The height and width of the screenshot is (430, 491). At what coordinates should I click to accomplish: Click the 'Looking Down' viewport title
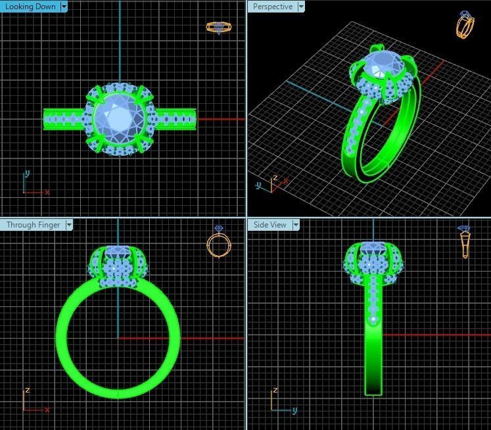pyautogui.click(x=30, y=7)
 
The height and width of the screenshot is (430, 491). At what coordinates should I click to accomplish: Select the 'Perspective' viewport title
pyautogui.click(x=272, y=7)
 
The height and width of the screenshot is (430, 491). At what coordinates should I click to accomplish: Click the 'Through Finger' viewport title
pyautogui.click(x=33, y=225)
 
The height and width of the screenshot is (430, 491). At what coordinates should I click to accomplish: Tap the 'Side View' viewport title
pyautogui.click(x=269, y=225)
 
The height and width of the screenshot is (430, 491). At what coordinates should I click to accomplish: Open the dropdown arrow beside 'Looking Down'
pyautogui.click(x=64, y=7)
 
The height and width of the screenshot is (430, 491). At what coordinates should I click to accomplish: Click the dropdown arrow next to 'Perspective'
pyautogui.click(x=301, y=7)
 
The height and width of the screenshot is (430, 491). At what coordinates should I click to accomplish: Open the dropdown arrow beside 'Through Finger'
pyautogui.click(x=68, y=225)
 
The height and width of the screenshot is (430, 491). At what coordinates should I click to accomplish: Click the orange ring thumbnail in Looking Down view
pyautogui.click(x=219, y=27)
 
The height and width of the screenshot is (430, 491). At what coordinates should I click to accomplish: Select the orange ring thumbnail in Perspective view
pyautogui.click(x=465, y=25)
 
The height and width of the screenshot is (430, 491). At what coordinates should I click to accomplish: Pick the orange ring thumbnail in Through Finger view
pyautogui.click(x=218, y=243)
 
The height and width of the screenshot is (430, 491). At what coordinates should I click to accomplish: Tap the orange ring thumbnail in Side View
pyautogui.click(x=465, y=241)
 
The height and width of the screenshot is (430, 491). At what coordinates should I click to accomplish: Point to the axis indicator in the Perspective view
pyautogui.click(x=269, y=185)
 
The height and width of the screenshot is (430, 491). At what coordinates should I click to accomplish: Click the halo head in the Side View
pyautogui.click(x=373, y=263)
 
